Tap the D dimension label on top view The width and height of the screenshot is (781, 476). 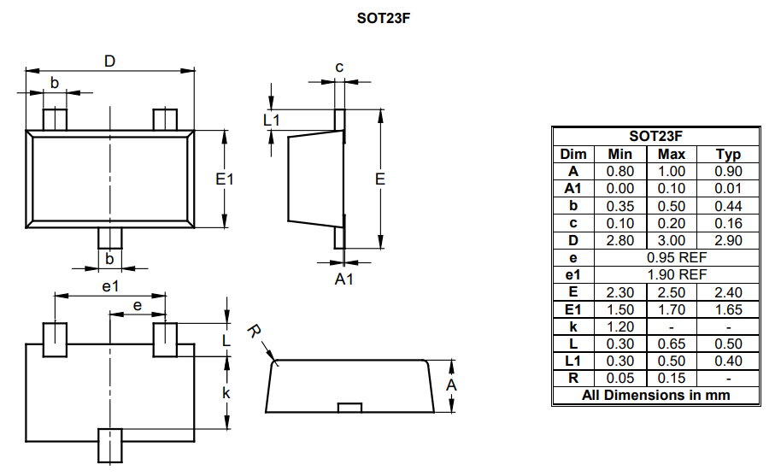pos(109,61)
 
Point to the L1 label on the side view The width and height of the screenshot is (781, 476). pos(272,120)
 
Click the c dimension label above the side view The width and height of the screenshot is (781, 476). pos(339,67)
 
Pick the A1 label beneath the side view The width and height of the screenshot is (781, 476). pos(343,279)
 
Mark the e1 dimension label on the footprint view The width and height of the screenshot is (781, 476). pos(109,286)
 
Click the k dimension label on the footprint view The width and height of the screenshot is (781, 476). pos(226,392)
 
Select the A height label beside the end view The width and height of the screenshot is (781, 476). pos(452,385)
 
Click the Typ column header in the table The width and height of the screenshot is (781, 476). pos(728,154)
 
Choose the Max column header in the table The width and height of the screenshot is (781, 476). pos(671,154)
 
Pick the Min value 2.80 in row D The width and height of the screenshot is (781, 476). pos(620,240)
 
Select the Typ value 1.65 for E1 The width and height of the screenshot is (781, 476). pos(728,309)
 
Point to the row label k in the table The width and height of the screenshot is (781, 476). pos(573,326)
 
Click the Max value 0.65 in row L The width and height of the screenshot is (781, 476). pos(671,344)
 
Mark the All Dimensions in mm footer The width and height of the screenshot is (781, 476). pos(656,395)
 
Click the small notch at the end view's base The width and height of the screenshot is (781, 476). pos(348,407)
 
